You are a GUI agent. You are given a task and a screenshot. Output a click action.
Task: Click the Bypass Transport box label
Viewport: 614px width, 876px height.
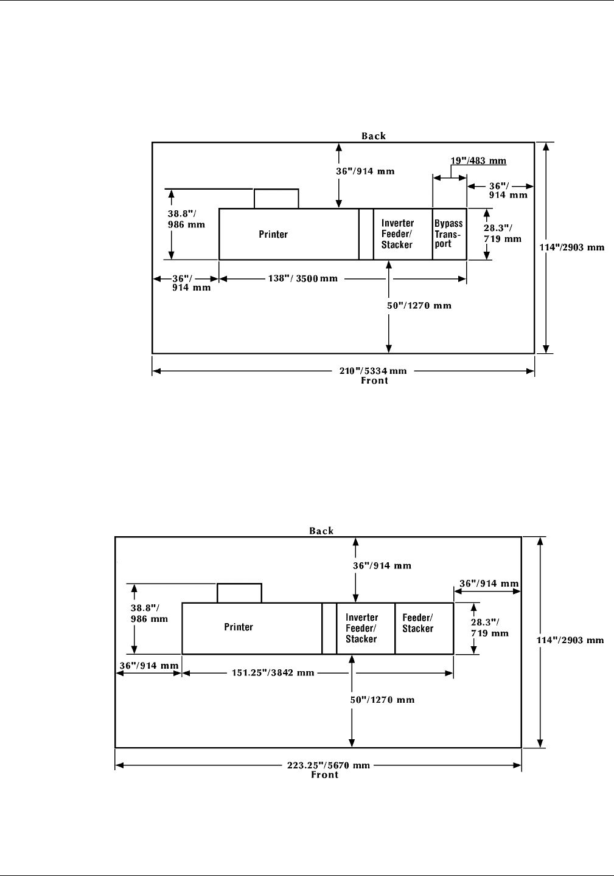click(x=448, y=234)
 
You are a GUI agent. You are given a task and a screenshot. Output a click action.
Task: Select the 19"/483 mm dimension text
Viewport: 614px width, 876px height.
click(x=469, y=161)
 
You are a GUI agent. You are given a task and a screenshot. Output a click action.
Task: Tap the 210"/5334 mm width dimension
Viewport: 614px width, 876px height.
click(x=373, y=371)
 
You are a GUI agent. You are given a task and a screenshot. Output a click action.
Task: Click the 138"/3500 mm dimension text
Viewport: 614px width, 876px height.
click(x=302, y=278)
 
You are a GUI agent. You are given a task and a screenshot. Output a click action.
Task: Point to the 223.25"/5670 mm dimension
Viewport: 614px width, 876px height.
click(x=328, y=765)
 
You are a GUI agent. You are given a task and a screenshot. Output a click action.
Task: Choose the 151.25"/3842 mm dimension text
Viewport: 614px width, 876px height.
click(x=273, y=673)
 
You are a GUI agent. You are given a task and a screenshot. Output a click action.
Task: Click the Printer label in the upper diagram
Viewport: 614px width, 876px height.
click(x=273, y=235)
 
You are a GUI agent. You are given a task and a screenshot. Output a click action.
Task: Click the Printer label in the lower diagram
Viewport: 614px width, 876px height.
click(x=239, y=627)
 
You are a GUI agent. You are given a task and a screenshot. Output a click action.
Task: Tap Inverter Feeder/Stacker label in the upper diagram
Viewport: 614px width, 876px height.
click(x=397, y=234)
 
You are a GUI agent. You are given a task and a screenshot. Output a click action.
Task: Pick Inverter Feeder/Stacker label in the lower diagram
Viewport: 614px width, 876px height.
click(x=361, y=628)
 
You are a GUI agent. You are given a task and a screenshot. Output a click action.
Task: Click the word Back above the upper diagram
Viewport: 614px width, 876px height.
click(x=374, y=136)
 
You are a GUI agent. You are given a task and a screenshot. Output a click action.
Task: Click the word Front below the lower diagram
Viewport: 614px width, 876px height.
click(x=325, y=775)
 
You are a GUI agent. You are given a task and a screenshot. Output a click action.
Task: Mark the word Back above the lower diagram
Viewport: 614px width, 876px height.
click(x=321, y=531)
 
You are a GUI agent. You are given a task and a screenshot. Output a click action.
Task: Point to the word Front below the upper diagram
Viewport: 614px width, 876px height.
click(x=374, y=381)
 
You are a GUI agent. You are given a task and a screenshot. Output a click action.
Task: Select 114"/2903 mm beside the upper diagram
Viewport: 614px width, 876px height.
click(x=572, y=247)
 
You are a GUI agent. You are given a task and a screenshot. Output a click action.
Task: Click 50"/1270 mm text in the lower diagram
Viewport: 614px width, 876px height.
click(x=382, y=700)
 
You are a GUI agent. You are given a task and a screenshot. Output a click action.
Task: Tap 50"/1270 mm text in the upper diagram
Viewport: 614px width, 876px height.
click(x=419, y=305)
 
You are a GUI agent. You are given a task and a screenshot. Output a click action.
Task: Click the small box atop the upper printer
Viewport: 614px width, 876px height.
click(x=276, y=199)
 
